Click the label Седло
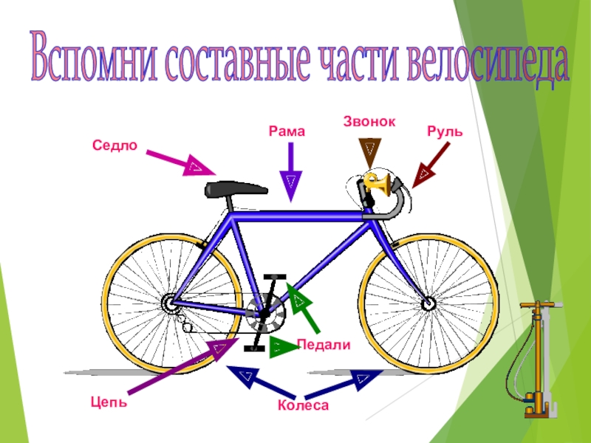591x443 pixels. (x=115, y=145)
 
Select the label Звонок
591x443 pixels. (x=369, y=120)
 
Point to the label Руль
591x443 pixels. (x=445, y=131)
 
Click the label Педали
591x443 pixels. (x=323, y=345)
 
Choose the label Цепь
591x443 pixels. (x=109, y=402)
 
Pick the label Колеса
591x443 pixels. (x=303, y=405)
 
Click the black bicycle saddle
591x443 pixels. (x=236, y=188)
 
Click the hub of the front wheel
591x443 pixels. (x=428, y=303)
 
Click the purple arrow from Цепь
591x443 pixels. (x=177, y=365)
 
